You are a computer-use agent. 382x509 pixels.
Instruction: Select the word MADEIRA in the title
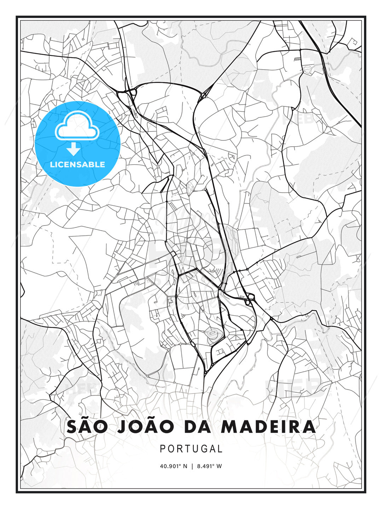coord(268,427)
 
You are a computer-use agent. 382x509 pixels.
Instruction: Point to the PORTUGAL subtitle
coord(191,449)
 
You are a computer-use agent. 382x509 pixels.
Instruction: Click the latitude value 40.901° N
coord(173,466)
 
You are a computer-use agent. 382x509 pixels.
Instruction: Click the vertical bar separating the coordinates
coord(192,466)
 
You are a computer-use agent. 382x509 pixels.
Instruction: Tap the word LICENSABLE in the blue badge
coord(77,164)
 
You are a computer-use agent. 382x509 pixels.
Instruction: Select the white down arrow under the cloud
coord(74,149)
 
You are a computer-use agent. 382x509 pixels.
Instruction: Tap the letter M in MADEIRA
coord(229,427)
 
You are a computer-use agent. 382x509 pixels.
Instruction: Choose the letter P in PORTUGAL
coord(163,449)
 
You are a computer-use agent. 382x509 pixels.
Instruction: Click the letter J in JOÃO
coord(121,427)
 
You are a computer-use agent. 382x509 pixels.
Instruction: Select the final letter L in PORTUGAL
coord(220,449)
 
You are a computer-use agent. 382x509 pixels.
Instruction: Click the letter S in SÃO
coord(72,427)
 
